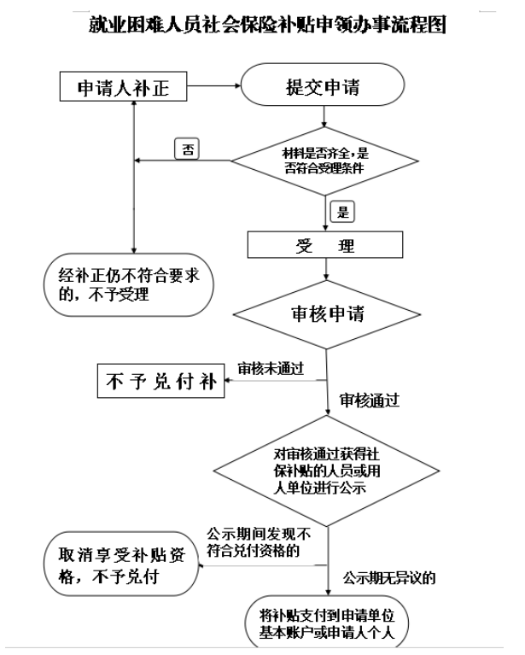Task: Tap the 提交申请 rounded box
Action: (322, 88)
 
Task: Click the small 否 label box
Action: (185, 149)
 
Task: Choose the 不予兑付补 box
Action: (160, 382)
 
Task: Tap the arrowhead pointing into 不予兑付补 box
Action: (227, 382)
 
